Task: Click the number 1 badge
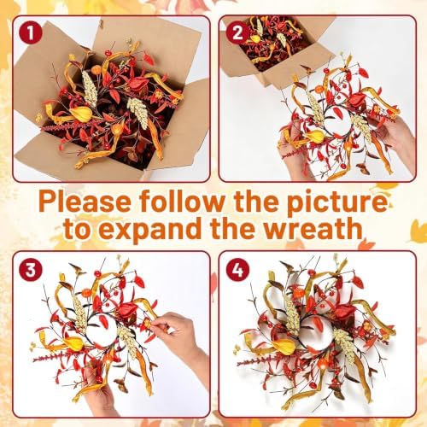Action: click(31, 33)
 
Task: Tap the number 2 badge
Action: click(237, 33)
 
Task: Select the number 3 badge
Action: click(31, 270)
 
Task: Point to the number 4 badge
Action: click(237, 270)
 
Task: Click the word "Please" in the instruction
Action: click(86, 202)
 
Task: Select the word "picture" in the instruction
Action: click(337, 202)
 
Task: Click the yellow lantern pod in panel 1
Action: click(82, 114)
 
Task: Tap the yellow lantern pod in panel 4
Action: click(285, 347)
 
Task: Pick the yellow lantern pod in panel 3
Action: click(74, 344)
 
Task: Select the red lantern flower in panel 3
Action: click(129, 311)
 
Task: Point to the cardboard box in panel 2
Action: click(273, 51)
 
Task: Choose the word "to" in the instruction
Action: click(79, 229)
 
